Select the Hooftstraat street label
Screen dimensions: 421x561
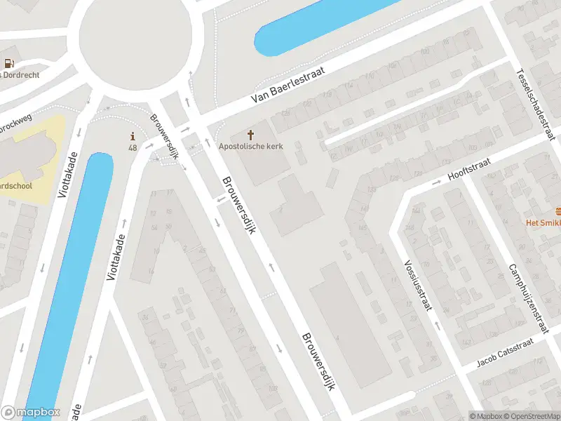coord(470,169)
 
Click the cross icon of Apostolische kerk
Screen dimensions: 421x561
coord(251,134)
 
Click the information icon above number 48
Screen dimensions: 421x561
coord(132,136)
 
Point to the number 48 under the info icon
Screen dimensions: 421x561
coord(132,148)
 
